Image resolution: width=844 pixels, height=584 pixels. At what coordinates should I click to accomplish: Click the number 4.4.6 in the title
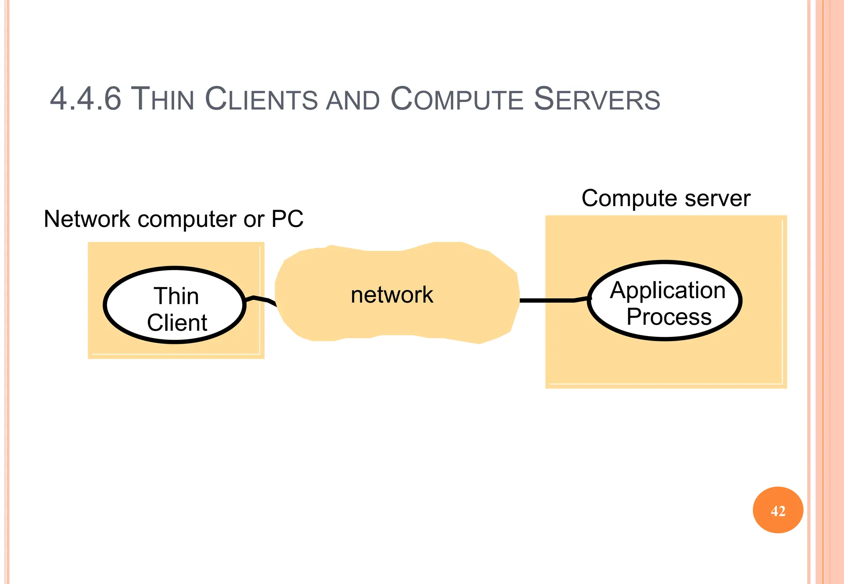(85, 99)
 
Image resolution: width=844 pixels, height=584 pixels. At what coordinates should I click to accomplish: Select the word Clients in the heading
(261, 99)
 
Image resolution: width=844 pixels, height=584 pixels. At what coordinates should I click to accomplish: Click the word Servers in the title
(597, 99)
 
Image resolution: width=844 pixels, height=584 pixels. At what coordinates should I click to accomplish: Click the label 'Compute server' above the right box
(666, 199)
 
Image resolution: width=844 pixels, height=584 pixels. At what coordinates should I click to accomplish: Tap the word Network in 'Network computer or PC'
(87, 219)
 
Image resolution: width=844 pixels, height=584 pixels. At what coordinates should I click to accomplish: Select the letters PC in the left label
(287, 219)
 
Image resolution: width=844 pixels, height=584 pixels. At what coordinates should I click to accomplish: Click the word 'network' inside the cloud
(392, 295)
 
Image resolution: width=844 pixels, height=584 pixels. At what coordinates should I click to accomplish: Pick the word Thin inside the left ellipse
(176, 296)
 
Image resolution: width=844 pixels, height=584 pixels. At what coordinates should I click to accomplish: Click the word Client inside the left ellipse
(177, 322)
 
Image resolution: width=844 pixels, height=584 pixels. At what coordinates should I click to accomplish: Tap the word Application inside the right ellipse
(668, 290)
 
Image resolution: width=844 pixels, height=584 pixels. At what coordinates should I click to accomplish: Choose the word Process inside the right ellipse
(668, 317)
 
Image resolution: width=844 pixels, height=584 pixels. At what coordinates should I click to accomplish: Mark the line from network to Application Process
(548, 301)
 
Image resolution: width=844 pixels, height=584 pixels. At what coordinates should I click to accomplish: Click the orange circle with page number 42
(778, 510)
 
